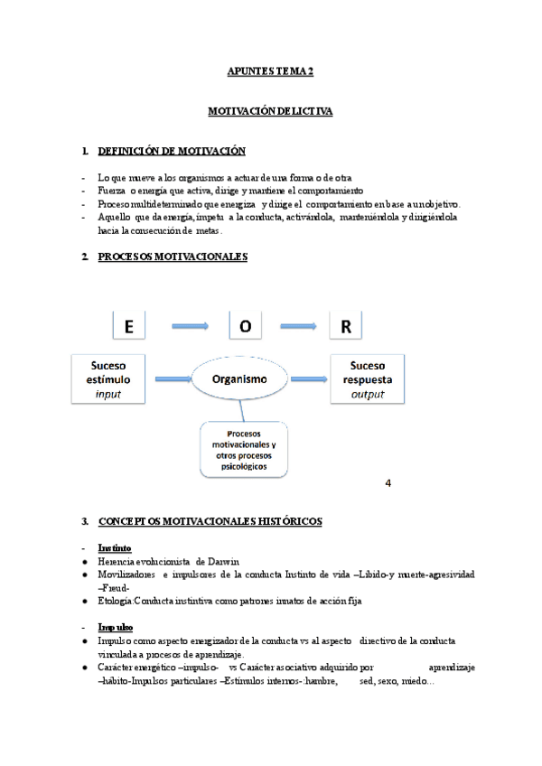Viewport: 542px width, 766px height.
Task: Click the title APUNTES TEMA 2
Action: pyautogui.click(x=270, y=70)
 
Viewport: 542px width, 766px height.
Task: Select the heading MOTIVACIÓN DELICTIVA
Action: pyautogui.click(x=270, y=111)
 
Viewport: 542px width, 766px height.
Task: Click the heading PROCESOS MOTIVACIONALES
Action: pyautogui.click(x=172, y=257)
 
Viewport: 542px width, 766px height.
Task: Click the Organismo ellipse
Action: pyautogui.click(x=239, y=380)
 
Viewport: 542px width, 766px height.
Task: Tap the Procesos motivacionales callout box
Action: pyautogui.click(x=243, y=449)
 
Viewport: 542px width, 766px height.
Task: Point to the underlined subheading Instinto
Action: pyautogui.click(x=114, y=547)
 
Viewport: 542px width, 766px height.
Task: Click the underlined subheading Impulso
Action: pyautogui.click(x=115, y=627)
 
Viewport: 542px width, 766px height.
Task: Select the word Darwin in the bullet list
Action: pyautogui.click(x=220, y=561)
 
